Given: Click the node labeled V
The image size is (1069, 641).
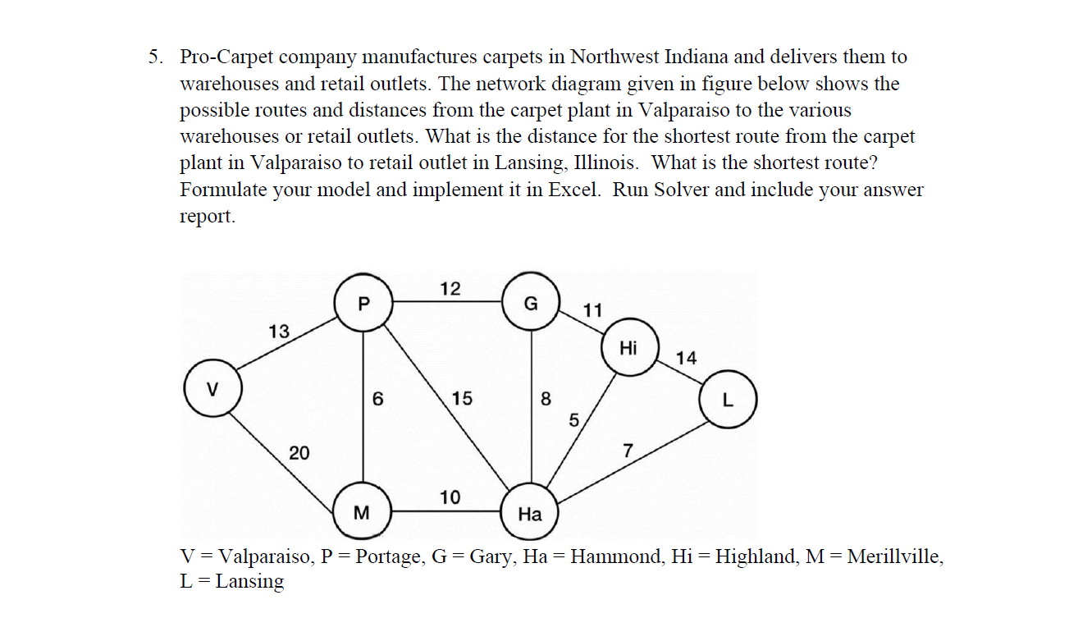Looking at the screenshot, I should click(212, 389).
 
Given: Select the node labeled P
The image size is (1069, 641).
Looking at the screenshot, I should click(363, 304).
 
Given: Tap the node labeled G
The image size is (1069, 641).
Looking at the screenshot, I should click(531, 303).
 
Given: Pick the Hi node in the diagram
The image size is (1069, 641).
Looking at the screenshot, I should click(629, 348).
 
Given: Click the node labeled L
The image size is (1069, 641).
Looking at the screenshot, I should click(727, 401).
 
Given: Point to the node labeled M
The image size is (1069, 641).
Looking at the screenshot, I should click(361, 513).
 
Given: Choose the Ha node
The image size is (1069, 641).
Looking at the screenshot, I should click(530, 515).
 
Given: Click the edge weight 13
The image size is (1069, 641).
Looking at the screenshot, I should click(279, 332).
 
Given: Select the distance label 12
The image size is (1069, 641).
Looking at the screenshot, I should click(450, 288).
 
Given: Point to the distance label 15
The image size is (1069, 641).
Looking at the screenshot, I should click(462, 399).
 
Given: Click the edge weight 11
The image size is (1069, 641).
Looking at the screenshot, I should click(592, 310).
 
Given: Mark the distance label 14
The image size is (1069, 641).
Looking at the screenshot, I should click(687, 357).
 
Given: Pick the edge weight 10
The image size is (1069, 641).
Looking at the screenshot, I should click(450, 497).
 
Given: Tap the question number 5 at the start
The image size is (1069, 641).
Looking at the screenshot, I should click(154, 57).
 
